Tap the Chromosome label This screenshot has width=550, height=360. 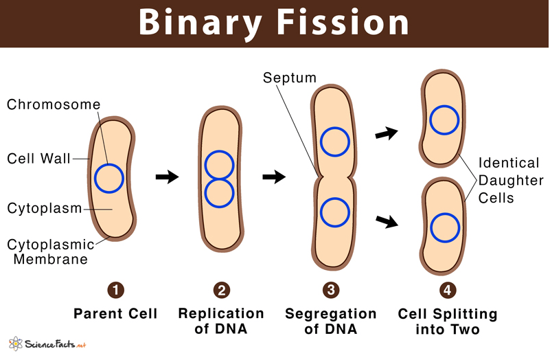point(54,105)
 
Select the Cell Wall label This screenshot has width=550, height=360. point(38,159)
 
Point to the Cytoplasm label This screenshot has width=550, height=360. point(45,208)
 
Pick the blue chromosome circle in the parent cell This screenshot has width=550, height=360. point(109,179)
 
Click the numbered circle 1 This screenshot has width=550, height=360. point(116,291)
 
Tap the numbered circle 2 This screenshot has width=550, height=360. point(220,291)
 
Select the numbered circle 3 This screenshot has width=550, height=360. point(331,291)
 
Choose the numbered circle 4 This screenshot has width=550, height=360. point(447,291)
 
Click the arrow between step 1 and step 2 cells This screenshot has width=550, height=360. point(167,177)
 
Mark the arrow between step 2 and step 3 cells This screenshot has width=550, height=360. point(274,177)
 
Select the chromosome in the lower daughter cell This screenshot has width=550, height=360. point(444,228)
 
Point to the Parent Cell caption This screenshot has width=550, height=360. point(116,314)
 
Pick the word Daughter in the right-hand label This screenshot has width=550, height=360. point(508,181)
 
